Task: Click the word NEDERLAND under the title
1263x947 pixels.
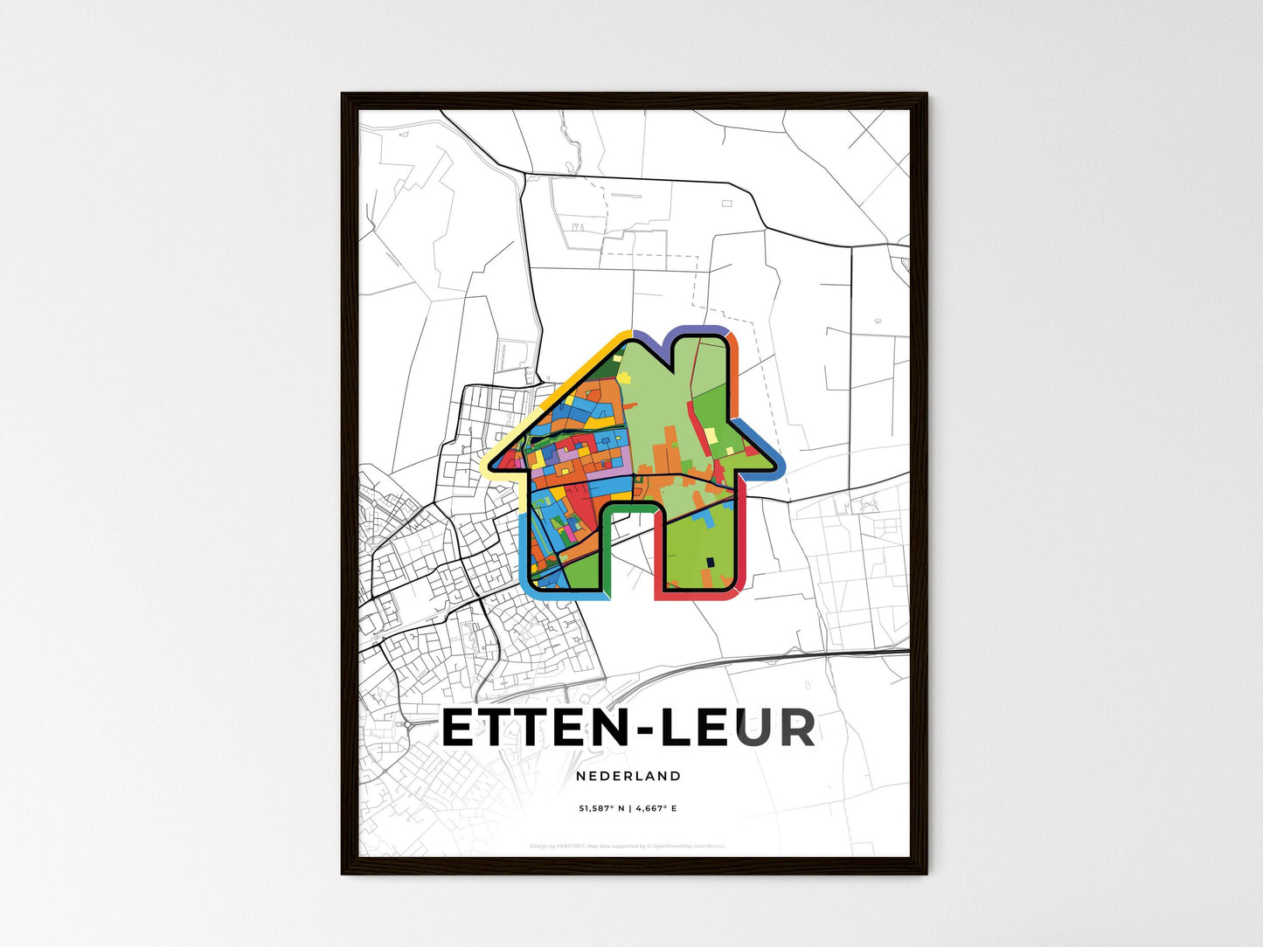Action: coord(628,776)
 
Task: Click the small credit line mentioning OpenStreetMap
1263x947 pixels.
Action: coord(628,846)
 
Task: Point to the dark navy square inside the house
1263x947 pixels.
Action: coord(710,562)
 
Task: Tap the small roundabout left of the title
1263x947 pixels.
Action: coord(407,724)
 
